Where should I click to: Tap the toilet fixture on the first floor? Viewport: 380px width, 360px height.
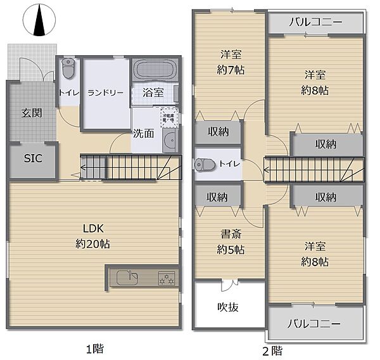click(x=68, y=67)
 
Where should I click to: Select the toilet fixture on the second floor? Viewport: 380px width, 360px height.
click(x=204, y=164)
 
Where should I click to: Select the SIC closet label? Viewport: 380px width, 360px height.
click(x=32, y=158)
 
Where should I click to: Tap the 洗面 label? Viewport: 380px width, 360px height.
click(x=143, y=134)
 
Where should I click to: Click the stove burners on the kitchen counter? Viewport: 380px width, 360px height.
click(x=166, y=277)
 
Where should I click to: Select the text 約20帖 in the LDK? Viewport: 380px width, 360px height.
click(x=92, y=243)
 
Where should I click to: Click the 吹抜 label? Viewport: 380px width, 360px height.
click(x=228, y=307)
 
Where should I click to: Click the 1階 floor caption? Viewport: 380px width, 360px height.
click(x=95, y=348)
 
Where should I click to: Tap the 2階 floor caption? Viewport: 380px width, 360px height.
click(x=272, y=349)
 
